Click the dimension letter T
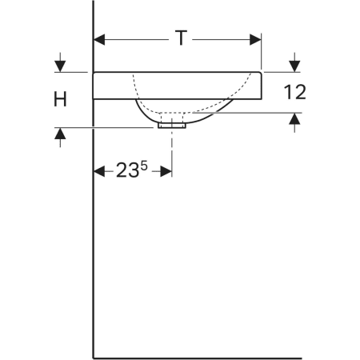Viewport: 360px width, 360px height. [x=181, y=38]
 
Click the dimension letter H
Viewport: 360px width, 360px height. [x=60, y=99]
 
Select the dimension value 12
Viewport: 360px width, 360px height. [x=294, y=92]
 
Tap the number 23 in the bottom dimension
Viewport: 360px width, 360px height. [x=127, y=170]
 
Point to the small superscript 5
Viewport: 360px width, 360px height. [x=144, y=166]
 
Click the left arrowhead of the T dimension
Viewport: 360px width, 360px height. [x=99, y=40]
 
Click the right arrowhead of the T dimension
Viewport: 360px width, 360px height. [x=255, y=40]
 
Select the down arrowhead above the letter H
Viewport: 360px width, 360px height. [x=60, y=66]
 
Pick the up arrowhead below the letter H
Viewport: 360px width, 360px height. [x=60, y=134]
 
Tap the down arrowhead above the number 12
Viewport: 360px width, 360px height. [x=294, y=66]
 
